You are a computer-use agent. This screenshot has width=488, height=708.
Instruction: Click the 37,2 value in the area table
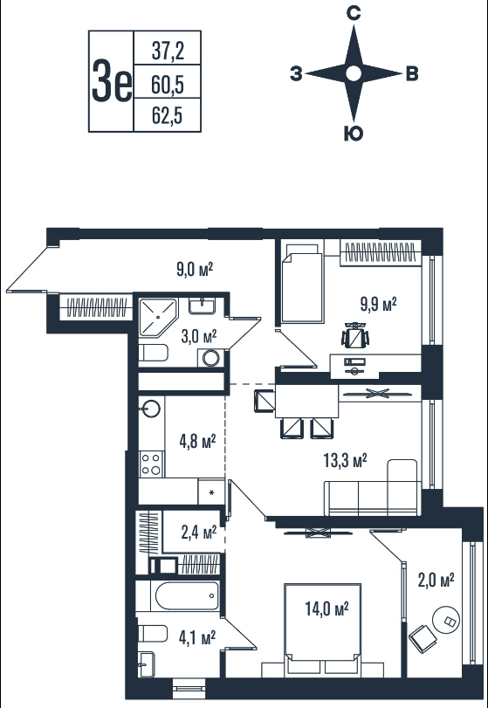click(168, 52)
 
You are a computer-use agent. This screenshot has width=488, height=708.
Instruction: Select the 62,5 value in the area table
click(167, 116)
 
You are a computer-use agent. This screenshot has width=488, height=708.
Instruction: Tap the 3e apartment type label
click(112, 81)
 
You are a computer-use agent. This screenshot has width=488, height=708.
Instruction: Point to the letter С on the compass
click(354, 14)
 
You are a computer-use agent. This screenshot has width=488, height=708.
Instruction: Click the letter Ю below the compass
click(354, 134)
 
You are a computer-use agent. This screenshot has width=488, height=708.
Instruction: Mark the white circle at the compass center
click(354, 73)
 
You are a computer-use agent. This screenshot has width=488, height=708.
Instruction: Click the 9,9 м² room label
click(378, 304)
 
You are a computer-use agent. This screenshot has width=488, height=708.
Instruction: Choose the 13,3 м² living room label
click(345, 461)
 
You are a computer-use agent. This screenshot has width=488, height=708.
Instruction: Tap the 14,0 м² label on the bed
click(326, 609)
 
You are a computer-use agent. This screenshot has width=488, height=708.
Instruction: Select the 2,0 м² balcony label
click(436, 581)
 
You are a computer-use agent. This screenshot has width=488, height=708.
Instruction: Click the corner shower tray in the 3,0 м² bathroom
click(157, 317)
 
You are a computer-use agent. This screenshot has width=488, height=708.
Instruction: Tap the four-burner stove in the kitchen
click(151, 464)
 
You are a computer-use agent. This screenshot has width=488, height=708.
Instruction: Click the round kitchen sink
click(151, 409)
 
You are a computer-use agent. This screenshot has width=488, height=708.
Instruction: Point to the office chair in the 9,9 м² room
click(355, 335)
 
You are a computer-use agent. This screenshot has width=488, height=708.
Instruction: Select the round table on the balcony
click(445, 621)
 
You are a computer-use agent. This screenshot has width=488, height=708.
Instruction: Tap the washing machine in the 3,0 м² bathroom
click(210, 358)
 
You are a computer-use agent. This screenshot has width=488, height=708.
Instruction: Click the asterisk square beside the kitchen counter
click(211, 491)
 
